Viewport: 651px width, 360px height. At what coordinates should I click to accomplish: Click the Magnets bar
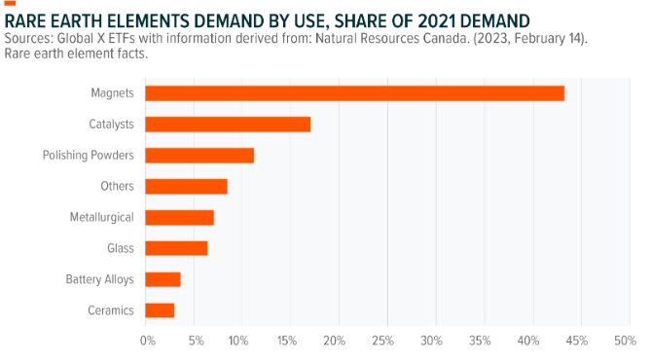tap(354, 93)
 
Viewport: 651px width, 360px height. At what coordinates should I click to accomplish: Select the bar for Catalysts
tap(228, 125)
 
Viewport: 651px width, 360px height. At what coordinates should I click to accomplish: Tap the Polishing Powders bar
tap(199, 156)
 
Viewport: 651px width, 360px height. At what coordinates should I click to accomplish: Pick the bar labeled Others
tap(187, 187)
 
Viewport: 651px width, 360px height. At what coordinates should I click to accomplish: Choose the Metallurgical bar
tap(179, 218)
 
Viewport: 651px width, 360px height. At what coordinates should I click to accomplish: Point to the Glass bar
tap(176, 248)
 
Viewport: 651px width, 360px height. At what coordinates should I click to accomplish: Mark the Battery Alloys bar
tap(163, 279)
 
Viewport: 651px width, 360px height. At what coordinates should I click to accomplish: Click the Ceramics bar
tap(160, 310)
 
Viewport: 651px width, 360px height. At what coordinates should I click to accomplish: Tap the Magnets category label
tap(113, 93)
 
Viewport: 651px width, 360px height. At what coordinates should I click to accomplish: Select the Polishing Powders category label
tap(89, 156)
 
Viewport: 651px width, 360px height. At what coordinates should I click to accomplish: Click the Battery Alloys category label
tap(100, 279)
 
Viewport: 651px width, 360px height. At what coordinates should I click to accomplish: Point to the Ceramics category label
tap(111, 310)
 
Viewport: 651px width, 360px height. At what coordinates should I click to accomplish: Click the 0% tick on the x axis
tap(147, 341)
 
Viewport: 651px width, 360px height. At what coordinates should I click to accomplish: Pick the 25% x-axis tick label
tap(382, 341)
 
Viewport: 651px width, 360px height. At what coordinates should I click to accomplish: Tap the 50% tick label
tap(626, 341)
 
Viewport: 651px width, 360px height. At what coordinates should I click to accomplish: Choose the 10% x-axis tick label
tap(237, 341)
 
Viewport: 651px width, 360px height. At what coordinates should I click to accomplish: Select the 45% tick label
tap(577, 341)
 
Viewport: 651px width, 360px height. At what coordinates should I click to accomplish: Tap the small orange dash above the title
tap(10, 3)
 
